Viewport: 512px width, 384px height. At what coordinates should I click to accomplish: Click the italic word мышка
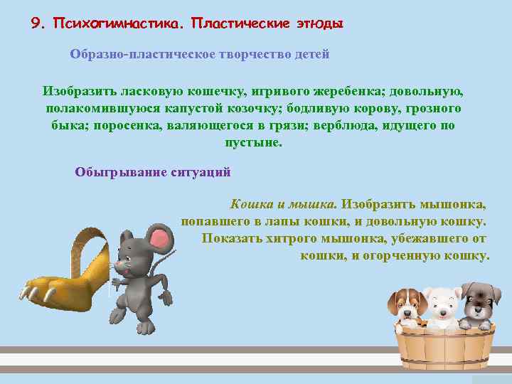[x=316, y=204]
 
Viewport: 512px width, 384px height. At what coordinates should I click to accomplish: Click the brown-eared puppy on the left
[x=406, y=306]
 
